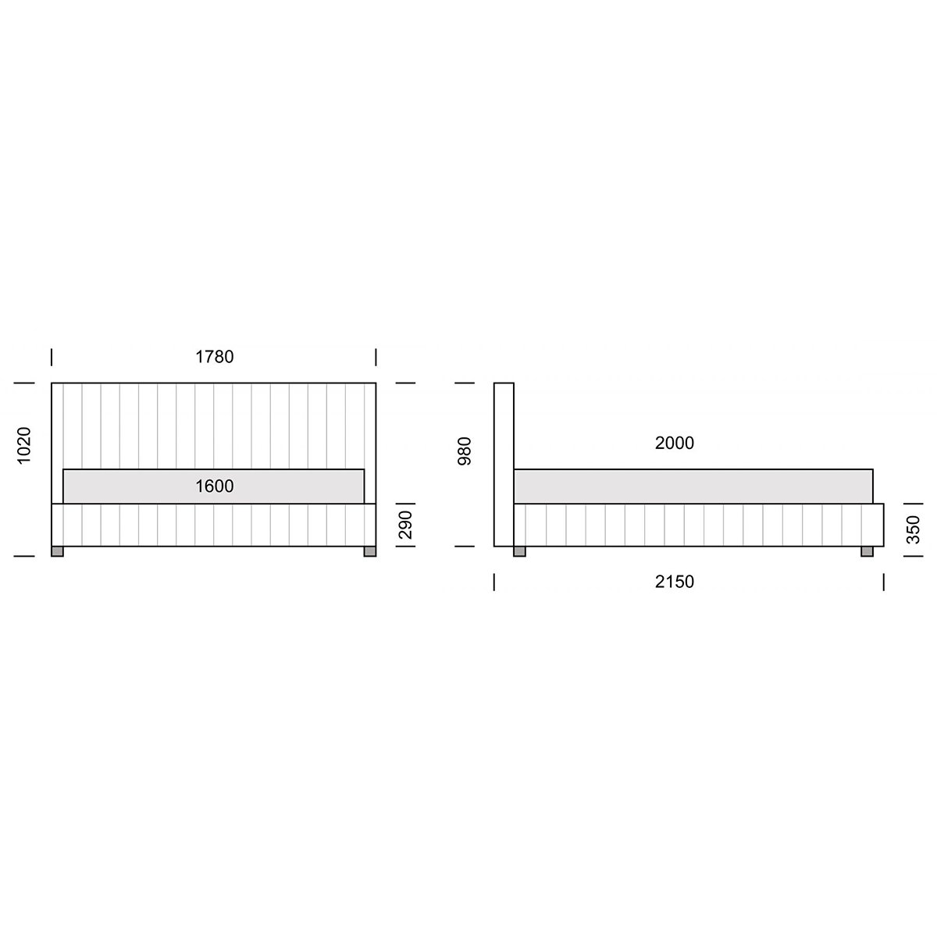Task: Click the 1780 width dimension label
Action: (215, 357)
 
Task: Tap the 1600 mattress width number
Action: (215, 486)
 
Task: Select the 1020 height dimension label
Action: (24, 445)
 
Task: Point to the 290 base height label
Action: (405, 525)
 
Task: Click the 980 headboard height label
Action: (465, 451)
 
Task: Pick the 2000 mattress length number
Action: (675, 443)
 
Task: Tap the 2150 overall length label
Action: (675, 582)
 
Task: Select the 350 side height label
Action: (914, 529)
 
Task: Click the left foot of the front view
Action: (57, 551)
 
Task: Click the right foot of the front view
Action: (370, 551)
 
